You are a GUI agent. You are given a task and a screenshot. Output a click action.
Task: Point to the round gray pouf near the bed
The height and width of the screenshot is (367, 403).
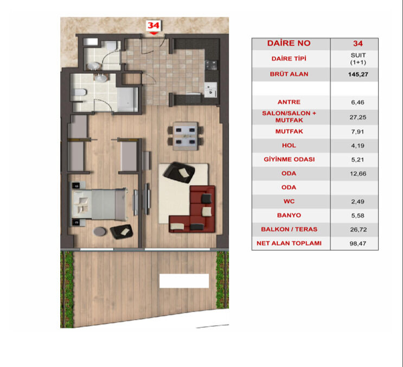click(x=100, y=231)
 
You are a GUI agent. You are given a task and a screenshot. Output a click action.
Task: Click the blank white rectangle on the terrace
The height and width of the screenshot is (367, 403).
click(x=184, y=281)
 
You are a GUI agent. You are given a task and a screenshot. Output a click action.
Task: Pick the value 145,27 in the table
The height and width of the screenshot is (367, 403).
click(x=357, y=74)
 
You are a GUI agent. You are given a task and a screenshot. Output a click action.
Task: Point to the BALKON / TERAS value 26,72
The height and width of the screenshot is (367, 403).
click(x=357, y=229)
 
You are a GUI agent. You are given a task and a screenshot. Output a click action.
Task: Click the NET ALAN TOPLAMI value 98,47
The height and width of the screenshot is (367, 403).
click(x=357, y=243)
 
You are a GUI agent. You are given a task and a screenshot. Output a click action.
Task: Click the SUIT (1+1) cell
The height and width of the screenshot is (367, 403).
click(x=357, y=59)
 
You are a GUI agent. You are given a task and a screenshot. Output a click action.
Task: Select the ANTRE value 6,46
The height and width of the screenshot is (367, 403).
click(x=357, y=102)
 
